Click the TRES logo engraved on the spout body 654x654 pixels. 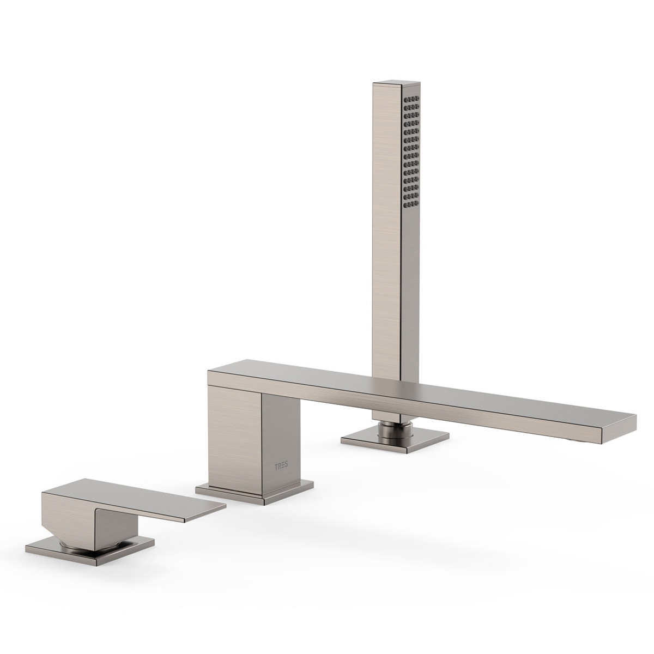[281, 467]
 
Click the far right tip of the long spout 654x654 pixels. [633, 420]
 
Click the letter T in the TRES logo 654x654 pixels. [275, 466]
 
